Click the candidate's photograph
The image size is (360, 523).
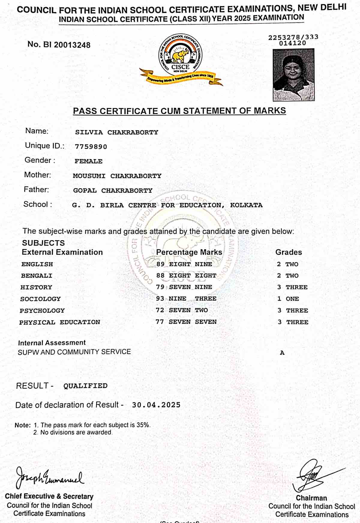pos(293,75)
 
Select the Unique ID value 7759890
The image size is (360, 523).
pos(91,147)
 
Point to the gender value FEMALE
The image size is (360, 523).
pos(88,161)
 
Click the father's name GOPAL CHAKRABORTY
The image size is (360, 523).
pos(113,191)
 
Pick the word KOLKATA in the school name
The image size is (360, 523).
pos(246,205)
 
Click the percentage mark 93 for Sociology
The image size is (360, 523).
pos(160,299)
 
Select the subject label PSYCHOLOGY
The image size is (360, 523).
pos(42,310)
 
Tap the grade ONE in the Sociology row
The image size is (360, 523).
pos(292,299)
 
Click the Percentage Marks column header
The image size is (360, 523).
pos(189,252)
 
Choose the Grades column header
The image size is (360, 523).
pos(289,252)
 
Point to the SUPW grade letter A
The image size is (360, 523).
pos(282,353)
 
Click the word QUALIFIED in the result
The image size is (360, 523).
pos(85,386)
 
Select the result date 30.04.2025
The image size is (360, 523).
pos(156,405)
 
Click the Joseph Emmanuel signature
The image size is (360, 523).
pos(49,478)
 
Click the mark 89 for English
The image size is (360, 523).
pos(160,264)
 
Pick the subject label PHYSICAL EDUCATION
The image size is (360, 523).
pos(60,322)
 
